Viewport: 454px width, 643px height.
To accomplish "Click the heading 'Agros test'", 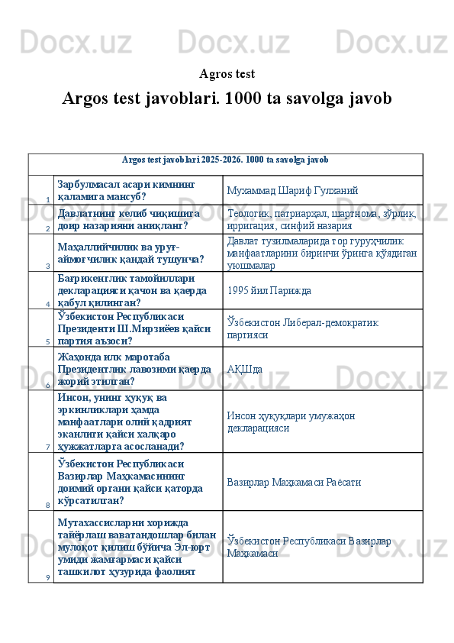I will (227, 74).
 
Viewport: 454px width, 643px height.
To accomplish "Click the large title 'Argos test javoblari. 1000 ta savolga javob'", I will (227, 99).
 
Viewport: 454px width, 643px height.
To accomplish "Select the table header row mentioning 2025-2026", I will (225, 160).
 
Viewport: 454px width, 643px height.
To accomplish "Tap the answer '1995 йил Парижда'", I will (269, 290).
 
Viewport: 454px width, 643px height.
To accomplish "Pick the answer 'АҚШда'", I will (245, 369).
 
